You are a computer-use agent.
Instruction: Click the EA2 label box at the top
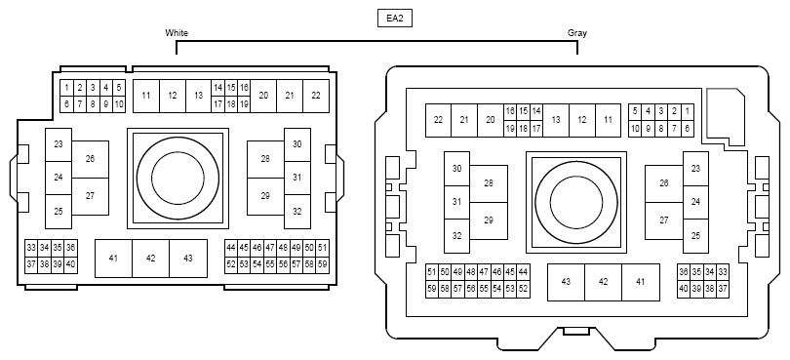coord(395,19)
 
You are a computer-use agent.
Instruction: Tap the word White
coord(177,33)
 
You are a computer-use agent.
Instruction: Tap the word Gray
coord(576,33)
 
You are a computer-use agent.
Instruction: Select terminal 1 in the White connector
coord(66,88)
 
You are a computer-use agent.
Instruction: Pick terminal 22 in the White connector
coord(316,96)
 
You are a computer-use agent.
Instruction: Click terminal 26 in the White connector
coord(90,159)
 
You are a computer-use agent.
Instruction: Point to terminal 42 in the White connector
coord(150,259)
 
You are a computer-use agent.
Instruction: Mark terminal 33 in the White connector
coord(31,248)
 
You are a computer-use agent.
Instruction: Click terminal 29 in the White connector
coord(265,197)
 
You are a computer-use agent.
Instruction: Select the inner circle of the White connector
coord(178,178)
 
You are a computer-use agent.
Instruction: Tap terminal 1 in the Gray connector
coord(688,112)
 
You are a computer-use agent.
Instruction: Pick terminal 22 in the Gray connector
coord(438,120)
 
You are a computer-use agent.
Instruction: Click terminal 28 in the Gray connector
coord(489,183)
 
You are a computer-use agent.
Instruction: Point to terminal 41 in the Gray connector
coord(641,282)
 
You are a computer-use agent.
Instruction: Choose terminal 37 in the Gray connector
coord(723,290)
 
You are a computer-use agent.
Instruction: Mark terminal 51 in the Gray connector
coord(432,272)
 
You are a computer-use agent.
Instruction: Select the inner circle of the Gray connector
coord(576,202)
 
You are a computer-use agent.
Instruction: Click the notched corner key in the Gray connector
coord(726,117)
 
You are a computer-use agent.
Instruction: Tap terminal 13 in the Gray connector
coord(556,120)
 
